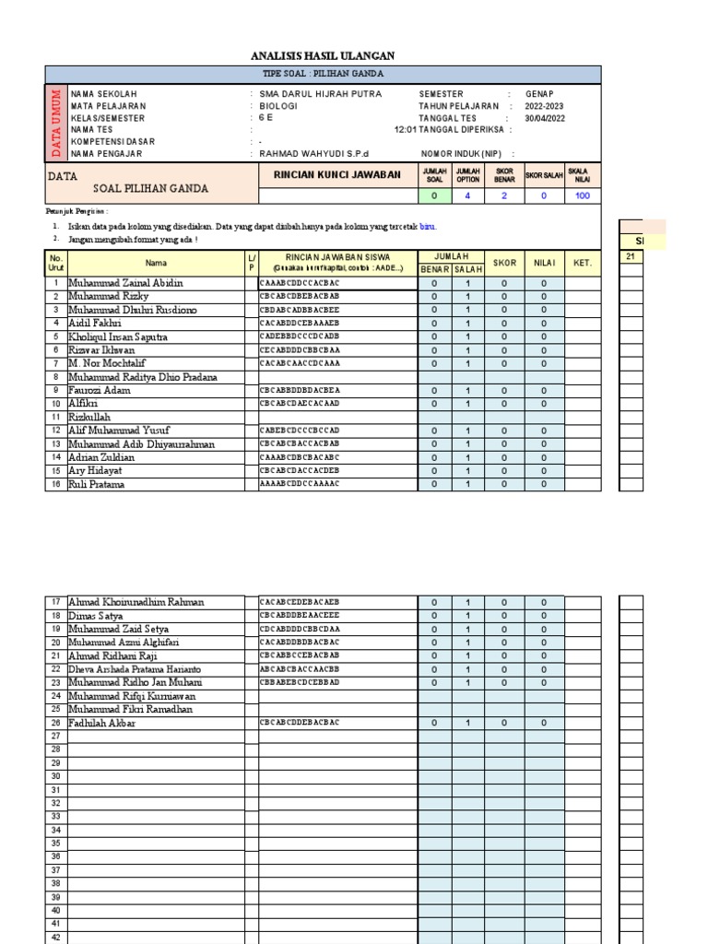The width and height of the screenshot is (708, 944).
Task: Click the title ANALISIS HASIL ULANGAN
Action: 323,56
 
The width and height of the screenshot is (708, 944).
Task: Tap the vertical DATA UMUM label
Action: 55,123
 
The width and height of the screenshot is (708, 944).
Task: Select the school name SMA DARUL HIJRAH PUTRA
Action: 320,94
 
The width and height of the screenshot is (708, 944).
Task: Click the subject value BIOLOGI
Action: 279,106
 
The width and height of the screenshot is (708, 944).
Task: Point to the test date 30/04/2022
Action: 544,118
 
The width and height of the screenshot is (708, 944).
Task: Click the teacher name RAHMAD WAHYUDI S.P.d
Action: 313,154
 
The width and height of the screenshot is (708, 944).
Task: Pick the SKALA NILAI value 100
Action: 581,195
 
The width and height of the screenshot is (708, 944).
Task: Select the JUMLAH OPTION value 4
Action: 468,195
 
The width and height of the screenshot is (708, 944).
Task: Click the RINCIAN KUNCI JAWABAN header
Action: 337,174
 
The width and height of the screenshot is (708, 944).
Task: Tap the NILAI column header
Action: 544,263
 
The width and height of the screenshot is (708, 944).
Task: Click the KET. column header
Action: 583,263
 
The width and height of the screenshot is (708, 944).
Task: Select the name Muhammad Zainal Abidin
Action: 125,283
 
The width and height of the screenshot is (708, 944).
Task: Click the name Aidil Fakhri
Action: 94,324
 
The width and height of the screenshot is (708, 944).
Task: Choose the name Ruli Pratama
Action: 96,484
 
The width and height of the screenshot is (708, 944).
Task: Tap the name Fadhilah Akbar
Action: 101,724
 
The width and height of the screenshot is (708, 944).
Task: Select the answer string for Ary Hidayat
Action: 300,471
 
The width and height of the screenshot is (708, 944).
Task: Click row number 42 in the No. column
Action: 55,937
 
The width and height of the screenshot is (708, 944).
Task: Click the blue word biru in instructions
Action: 427,226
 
